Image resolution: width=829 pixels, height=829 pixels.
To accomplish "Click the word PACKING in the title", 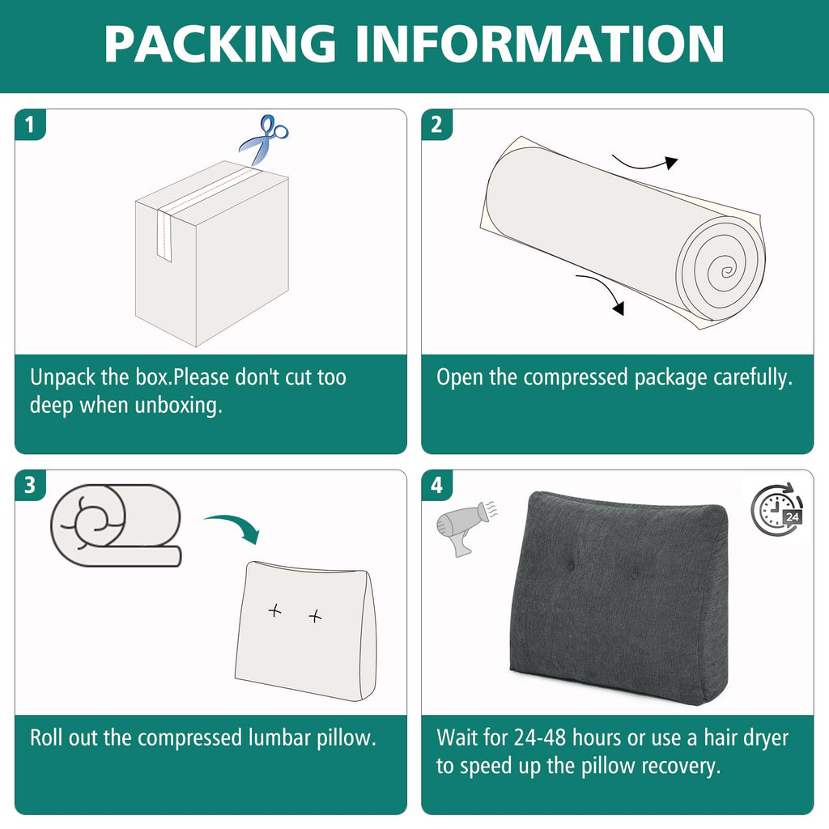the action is (x=220, y=44).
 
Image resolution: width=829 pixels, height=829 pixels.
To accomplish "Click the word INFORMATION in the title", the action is (x=540, y=44).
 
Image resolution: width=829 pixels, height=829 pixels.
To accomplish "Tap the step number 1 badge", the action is (x=30, y=125).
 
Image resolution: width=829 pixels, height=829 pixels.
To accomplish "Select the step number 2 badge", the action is (x=436, y=125).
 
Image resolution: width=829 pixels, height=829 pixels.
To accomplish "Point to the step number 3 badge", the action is (x=30, y=485).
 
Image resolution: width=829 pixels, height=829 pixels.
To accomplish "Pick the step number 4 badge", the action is (x=436, y=485).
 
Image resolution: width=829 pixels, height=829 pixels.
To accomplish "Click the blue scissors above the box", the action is (x=264, y=139).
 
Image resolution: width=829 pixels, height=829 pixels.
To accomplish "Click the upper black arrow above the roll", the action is (x=646, y=164).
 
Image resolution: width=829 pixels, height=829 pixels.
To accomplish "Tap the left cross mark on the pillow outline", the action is (x=274, y=612).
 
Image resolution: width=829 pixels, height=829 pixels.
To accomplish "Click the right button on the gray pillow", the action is (x=633, y=576).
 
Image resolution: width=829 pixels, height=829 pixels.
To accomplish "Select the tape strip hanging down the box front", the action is (x=164, y=235).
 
